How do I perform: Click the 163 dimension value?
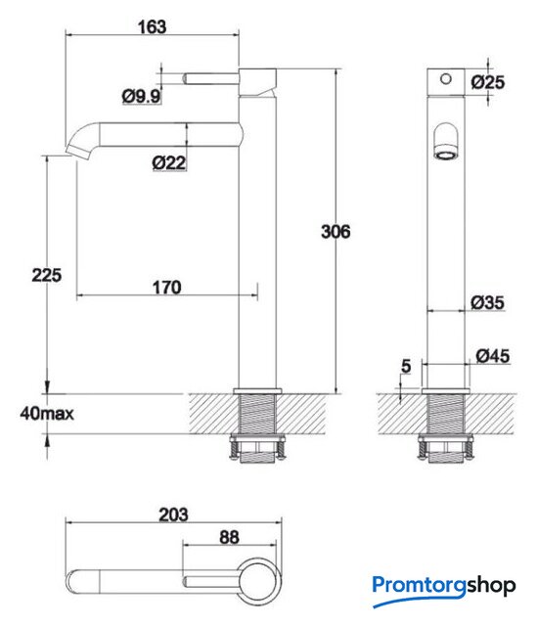coord(152,27)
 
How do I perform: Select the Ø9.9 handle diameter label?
coord(141,96)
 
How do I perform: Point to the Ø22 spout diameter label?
coord(169,162)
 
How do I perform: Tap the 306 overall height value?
coord(336,232)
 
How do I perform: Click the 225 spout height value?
coord(47,276)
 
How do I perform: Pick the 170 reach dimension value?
coord(167,288)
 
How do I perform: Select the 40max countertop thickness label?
coord(47,414)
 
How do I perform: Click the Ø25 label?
coord(487,82)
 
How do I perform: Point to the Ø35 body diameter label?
coord(487,302)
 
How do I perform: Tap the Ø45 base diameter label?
coord(493,356)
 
